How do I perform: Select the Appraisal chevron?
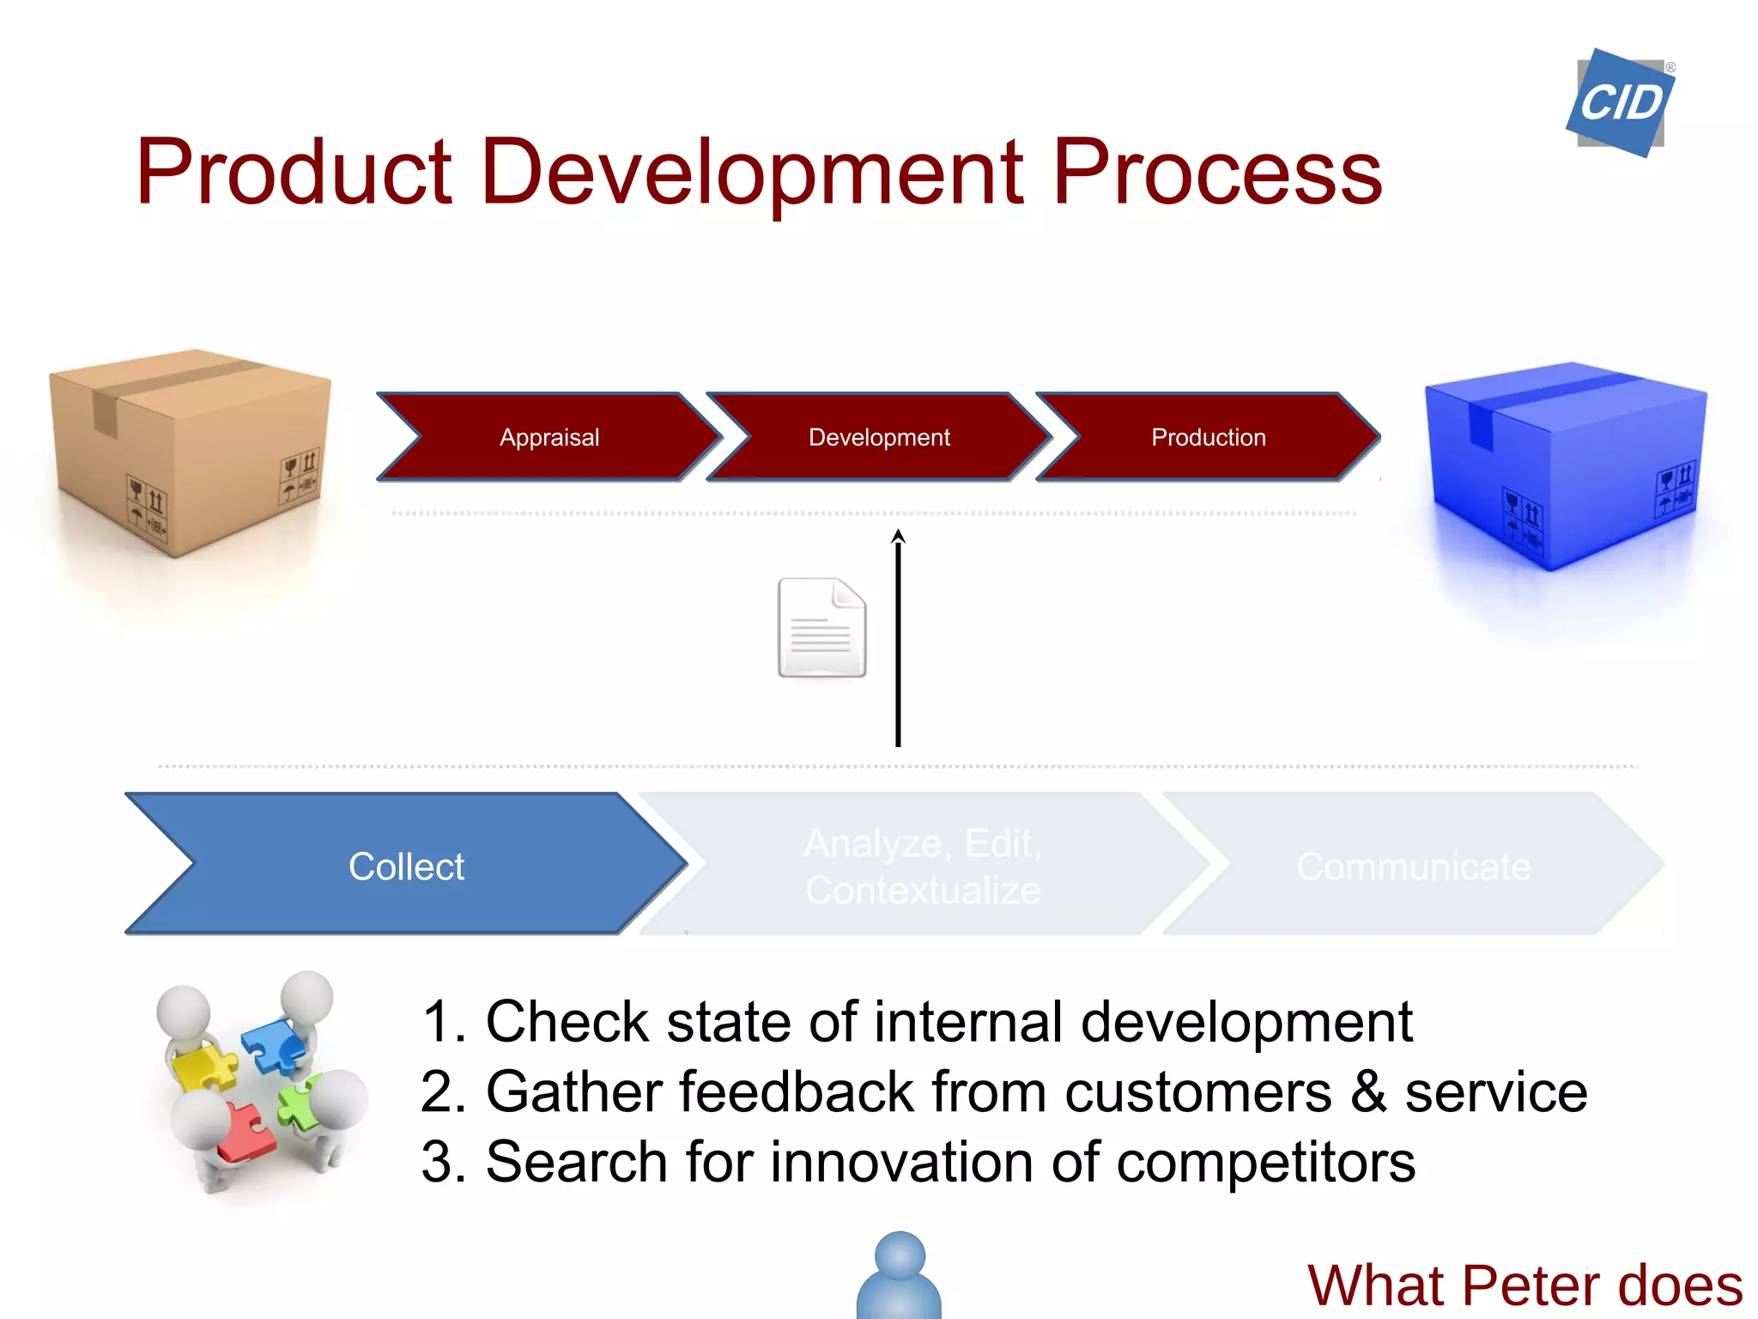tap(549, 437)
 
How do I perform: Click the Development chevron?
tap(879, 437)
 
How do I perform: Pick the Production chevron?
tap(1208, 437)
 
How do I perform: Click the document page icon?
tap(821, 628)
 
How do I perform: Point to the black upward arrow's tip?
tap(898, 534)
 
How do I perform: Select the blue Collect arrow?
tap(406, 866)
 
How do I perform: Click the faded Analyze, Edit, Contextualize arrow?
tap(923, 866)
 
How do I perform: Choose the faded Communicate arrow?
tap(1413, 866)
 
